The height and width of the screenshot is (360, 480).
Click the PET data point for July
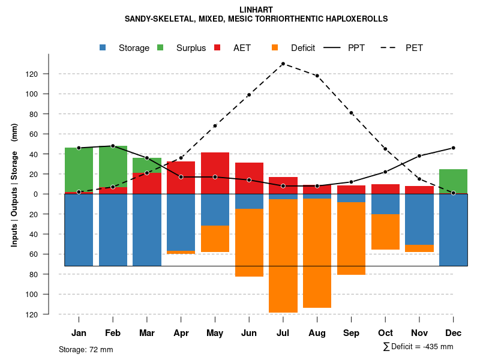click(x=283, y=64)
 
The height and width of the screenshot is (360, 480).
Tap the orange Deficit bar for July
click(x=283, y=256)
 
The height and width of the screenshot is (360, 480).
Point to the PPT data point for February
click(x=113, y=146)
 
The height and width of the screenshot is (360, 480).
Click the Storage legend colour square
click(x=103, y=47)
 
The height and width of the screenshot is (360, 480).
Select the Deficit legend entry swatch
click(x=275, y=47)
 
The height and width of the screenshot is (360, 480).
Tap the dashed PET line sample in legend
click(x=390, y=47)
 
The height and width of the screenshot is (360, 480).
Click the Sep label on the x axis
click(x=351, y=333)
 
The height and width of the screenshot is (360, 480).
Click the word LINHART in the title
click(x=256, y=10)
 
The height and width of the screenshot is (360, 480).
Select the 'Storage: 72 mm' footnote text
click(x=86, y=349)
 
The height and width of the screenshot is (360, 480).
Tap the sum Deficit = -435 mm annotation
click(x=418, y=346)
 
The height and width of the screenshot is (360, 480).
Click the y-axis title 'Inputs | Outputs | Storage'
click(x=14, y=198)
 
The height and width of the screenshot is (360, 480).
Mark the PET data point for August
click(x=317, y=76)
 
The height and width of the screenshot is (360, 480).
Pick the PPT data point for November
click(x=419, y=156)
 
